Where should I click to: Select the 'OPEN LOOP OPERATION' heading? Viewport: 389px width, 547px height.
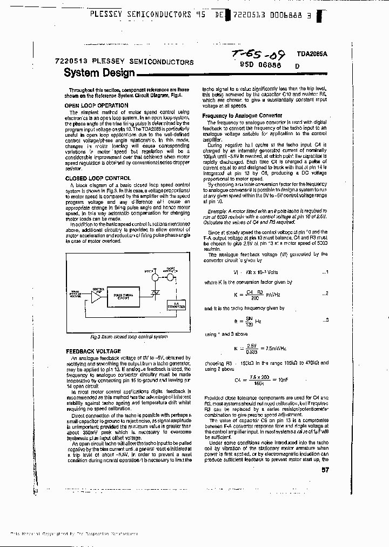tap(96, 105)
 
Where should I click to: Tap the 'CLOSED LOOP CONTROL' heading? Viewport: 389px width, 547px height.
tap(98, 178)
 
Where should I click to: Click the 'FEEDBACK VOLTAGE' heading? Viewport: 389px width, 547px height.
tap(92, 351)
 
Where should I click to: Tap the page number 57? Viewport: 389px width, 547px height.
tap(325, 470)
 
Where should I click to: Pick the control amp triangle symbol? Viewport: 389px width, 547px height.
tap(96, 297)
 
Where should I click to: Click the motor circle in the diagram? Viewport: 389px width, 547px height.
tap(155, 278)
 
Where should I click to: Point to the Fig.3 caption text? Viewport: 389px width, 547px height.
tap(129, 336)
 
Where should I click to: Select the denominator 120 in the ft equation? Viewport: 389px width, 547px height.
tap(249, 325)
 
